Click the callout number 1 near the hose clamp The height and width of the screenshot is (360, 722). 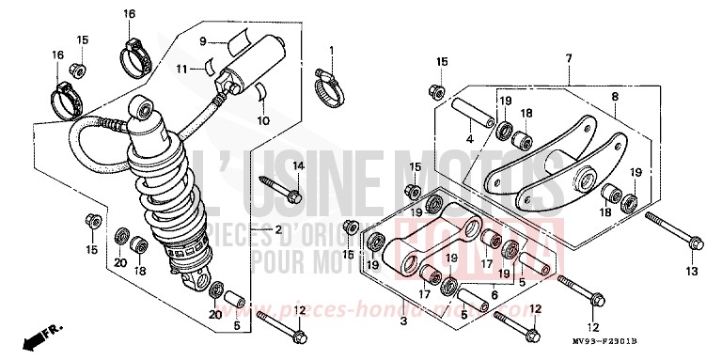pos(331,49)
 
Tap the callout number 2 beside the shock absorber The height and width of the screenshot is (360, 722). pos(253,230)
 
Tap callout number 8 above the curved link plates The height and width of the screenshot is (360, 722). pos(616,97)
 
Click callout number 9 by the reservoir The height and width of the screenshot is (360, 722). pos(201,40)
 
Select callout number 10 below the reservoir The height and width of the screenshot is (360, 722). pos(263,120)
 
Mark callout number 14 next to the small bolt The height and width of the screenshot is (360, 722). pos(297,166)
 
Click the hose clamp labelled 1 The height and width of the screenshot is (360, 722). pos(329,79)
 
